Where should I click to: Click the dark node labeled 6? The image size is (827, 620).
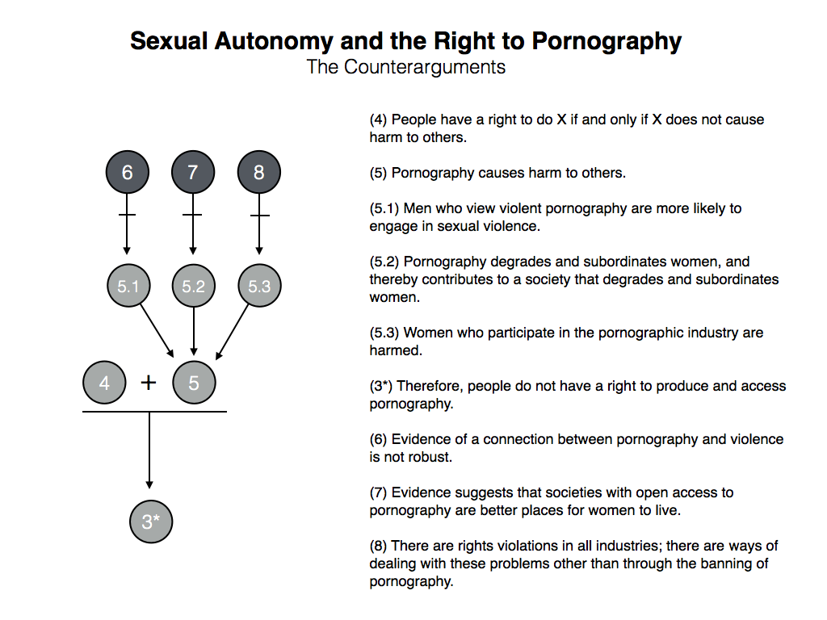click(x=127, y=172)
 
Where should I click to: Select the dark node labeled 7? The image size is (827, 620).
click(x=193, y=172)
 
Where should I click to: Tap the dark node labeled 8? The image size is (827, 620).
click(x=259, y=172)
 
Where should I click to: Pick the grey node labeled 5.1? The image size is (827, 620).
click(x=128, y=286)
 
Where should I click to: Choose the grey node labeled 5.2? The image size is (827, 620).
click(x=194, y=286)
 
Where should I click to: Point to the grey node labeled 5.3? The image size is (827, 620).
click(x=259, y=286)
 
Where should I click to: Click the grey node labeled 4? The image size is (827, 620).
click(x=104, y=383)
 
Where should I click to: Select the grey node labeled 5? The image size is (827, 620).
click(x=194, y=383)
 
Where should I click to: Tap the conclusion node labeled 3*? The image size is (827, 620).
click(x=151, y=522)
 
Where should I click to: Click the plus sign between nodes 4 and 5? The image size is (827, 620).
click(x=149, y=382)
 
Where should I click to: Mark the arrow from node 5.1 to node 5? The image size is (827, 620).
click(x=157, y=330)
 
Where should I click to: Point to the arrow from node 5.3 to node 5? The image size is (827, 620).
click(x=232, y=331)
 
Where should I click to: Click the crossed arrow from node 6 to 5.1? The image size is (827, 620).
click(x=127, y=224)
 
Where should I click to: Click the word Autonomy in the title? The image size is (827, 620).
click(x=274, y=42)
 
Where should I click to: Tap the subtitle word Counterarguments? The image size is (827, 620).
click(x=425, y=67)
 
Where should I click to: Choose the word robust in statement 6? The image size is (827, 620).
click(x=431, y=457)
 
